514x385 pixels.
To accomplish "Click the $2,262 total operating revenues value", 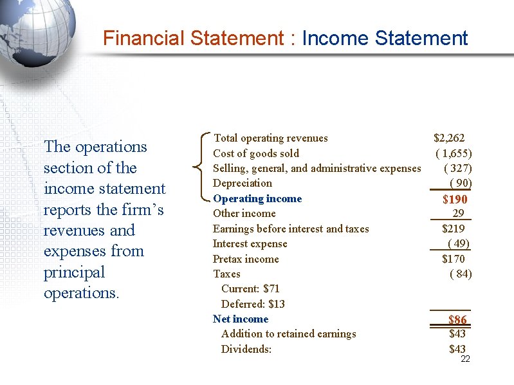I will (449, 138).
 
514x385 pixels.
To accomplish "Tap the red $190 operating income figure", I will (455, 200).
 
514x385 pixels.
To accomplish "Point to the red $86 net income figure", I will (457, 320).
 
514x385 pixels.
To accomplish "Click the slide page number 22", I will (465, 359).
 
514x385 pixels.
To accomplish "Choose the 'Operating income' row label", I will (257, 198).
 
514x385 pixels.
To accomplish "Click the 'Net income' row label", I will (241, 319).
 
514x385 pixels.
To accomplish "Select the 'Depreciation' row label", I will (242, 183).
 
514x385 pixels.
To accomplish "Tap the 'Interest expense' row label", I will (250, 243).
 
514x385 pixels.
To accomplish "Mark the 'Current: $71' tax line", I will (250, 288).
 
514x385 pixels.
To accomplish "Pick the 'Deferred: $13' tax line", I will (253, 304).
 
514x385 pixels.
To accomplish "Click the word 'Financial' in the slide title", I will (144, 38).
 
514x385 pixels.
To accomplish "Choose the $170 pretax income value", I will (453, 259).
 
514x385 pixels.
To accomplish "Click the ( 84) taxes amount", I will (461, 274).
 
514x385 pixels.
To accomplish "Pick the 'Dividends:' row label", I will (246, 349).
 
